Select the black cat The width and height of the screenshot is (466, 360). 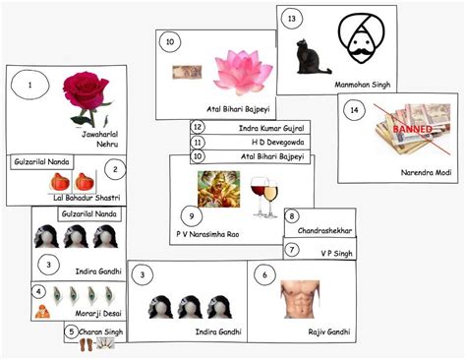click(x=319, y=60)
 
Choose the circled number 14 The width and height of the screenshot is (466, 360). click(x=355, y=111)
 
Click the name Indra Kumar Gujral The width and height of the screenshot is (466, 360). click(x=272, y=128)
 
